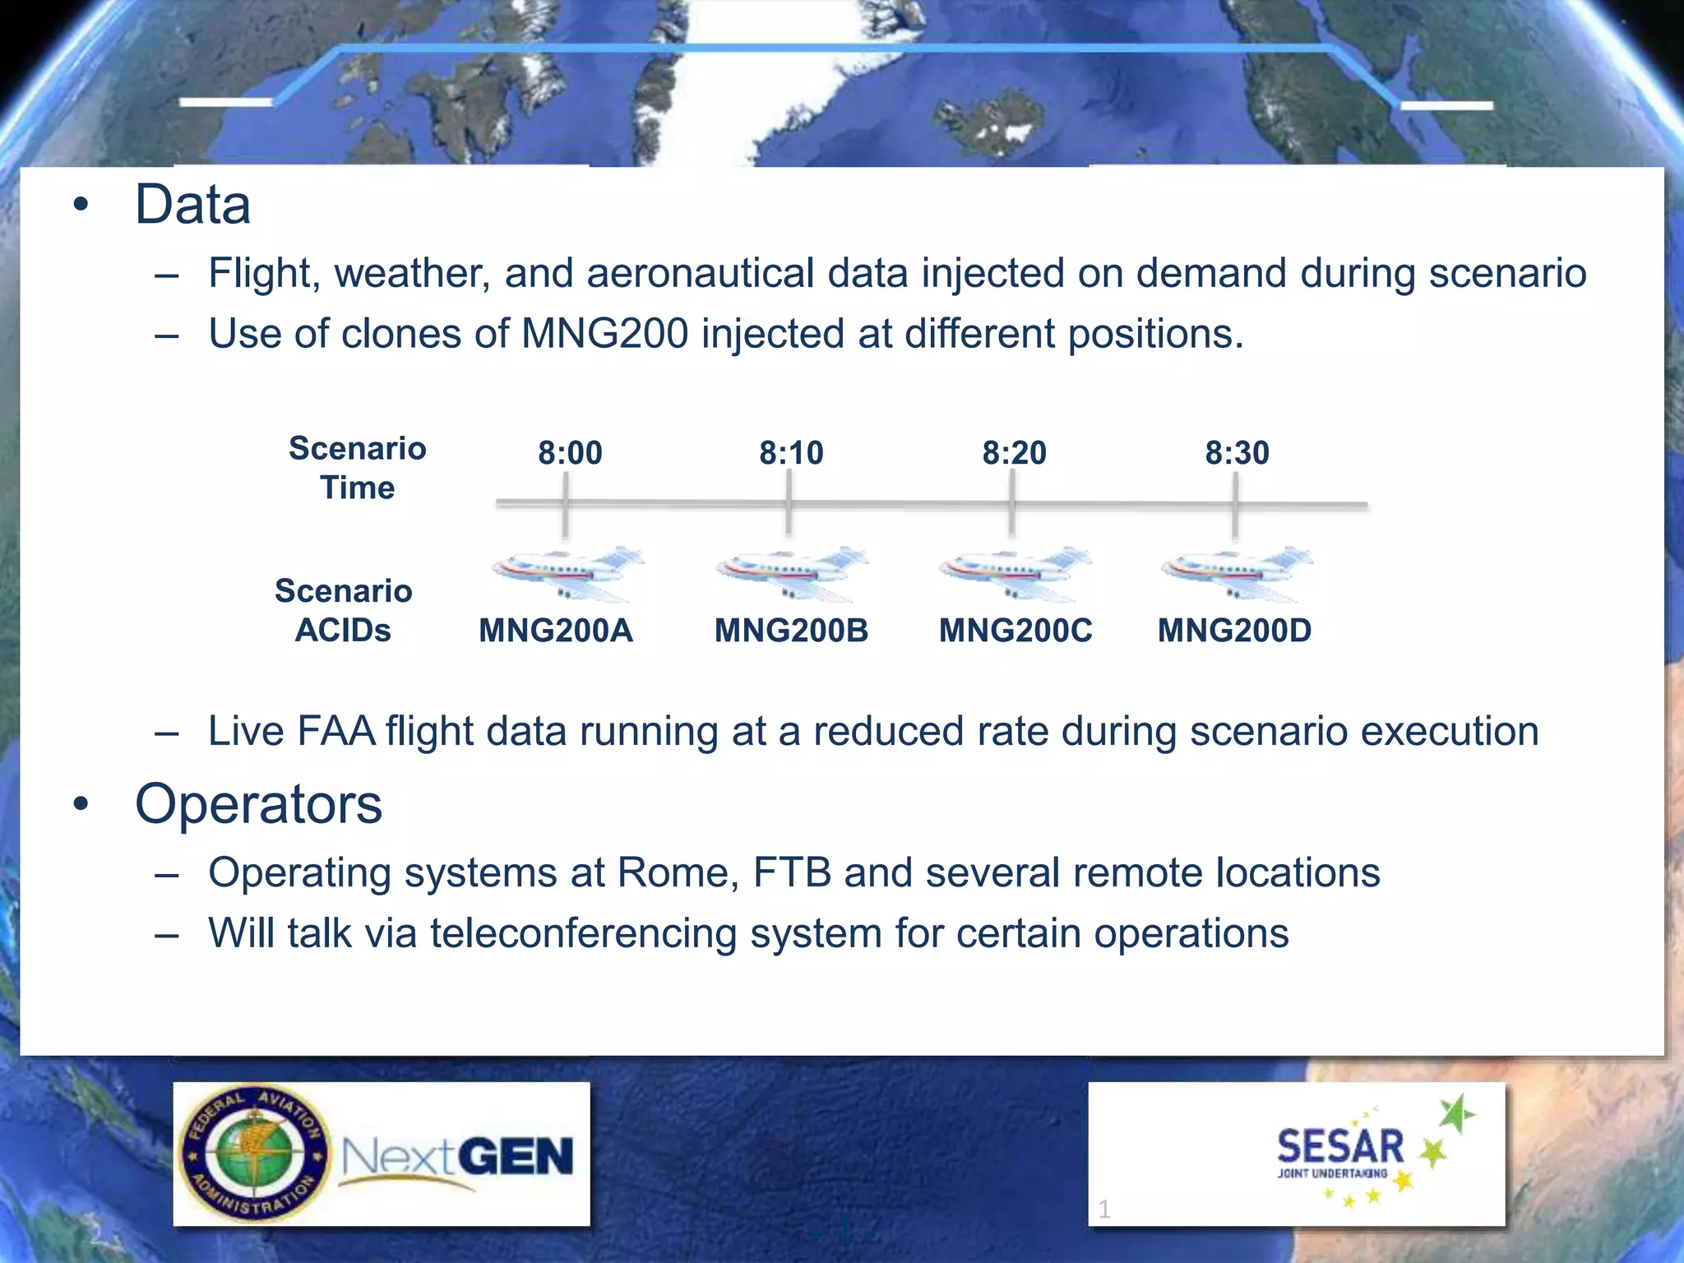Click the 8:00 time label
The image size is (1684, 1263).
pos(570,453)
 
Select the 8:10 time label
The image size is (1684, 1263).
pos(791,453)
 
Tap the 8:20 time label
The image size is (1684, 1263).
pos(1014,453)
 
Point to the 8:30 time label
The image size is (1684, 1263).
pos(1237,453)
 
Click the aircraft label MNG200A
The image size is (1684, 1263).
pos(556,631)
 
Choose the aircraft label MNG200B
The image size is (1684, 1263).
pos(791,631)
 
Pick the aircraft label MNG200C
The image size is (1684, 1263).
pos(1015,631)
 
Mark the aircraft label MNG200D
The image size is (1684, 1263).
pos(1234,631)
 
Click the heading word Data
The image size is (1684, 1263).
pos(192,205)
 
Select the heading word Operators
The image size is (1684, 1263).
pos(258,804)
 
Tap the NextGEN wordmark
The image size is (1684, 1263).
pos(457,1157)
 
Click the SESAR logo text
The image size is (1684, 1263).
pos(1340,1147)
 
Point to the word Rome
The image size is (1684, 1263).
pos(677,872)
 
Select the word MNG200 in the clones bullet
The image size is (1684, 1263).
pos(604,334)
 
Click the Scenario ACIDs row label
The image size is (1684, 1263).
pos(343,610)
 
